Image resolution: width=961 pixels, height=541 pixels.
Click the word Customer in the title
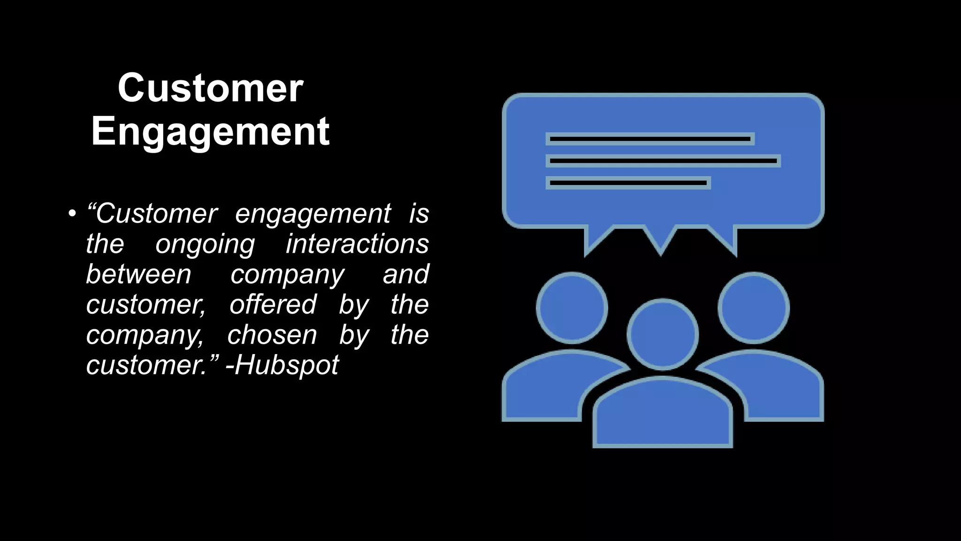click(211, 88)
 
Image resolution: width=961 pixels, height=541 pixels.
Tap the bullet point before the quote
click(71, 214)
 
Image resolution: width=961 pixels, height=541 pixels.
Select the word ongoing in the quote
click(205, 245)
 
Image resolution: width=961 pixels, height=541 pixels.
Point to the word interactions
click(357, 244)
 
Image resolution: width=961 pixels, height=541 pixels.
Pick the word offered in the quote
click(273, 304)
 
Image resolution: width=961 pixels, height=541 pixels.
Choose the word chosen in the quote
click(272, 335)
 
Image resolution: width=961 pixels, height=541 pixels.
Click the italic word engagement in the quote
click(313, 214)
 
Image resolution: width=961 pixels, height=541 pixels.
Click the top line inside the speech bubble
click(650, 139)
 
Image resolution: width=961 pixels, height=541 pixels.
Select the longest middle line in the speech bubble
click(663, 161)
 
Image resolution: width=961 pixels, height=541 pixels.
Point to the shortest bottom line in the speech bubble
click(628, 183)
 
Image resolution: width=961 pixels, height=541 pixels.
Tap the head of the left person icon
click(572, 308)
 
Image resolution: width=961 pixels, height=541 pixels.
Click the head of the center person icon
click(663, 334)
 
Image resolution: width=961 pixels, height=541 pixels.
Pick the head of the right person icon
click(754, 308)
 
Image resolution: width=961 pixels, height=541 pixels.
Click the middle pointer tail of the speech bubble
click(661, 240)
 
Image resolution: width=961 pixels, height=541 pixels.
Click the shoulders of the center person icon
click(663, 413)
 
